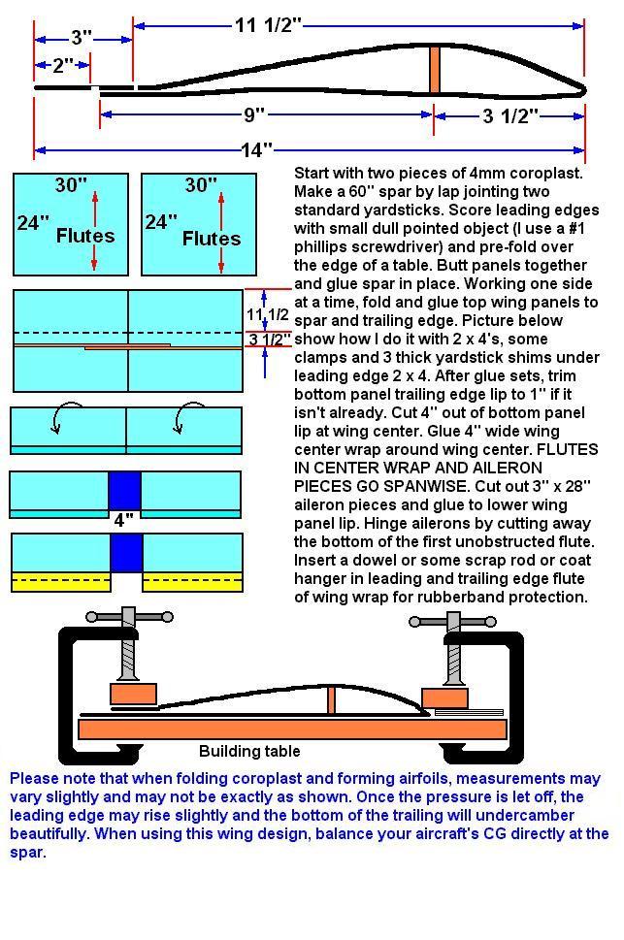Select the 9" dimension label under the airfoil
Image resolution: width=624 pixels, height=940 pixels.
[254, 115]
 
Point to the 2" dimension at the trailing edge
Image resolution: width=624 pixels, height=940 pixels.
[63, 66]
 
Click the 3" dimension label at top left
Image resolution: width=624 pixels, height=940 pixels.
[82, 38]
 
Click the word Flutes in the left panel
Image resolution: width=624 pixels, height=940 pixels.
[85, 236]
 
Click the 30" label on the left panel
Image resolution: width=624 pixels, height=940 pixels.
[71, 185]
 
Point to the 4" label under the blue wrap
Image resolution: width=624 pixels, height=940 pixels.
[123, 520]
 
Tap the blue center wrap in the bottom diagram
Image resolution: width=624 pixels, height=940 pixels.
[126, 553]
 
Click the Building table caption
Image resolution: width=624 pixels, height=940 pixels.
[249, 751]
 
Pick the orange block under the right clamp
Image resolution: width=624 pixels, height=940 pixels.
[444, 698]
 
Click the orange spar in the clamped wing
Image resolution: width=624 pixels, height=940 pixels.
[332, 700]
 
